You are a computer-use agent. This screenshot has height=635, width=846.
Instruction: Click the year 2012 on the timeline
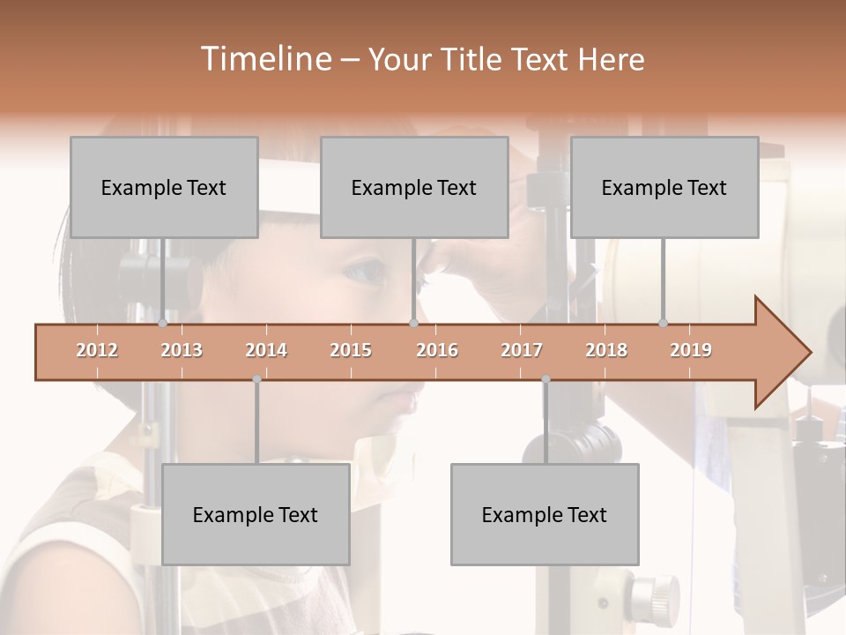(x=97, y=350)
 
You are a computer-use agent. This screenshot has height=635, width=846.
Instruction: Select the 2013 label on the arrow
(x=182, y=350)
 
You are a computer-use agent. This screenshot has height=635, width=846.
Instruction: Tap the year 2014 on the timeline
(x=266, y=350)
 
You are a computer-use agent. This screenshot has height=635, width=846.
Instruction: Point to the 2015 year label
(x=351, y=350)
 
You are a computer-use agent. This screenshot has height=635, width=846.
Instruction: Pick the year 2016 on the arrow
(x=437, y=350)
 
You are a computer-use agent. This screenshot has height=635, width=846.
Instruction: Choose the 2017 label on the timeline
(x=522, y=350)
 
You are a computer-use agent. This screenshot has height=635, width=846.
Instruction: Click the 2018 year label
(x=606, y=350)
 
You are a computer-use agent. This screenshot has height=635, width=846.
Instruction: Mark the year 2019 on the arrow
(x=691, y=350)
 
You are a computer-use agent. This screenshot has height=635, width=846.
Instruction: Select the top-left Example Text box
(x=164, y=187)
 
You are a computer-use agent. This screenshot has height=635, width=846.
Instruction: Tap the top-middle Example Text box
(x=414, y=187)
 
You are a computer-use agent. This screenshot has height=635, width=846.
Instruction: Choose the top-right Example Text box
(x=664, y=187)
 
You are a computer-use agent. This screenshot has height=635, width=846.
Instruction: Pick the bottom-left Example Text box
(x=256, y=514)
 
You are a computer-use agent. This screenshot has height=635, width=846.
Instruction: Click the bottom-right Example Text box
(x=545, y=514)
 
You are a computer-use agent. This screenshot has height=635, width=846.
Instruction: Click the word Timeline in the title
(x=264, y=59)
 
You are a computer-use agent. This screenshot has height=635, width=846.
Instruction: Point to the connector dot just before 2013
(x=162, y=323)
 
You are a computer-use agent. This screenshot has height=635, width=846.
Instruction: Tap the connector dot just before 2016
(x=413, y=323)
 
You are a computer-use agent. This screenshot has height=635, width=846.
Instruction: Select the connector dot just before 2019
(x=663, y=323)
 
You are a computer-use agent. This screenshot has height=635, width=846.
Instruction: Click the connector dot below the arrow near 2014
(x=256, y=379)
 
